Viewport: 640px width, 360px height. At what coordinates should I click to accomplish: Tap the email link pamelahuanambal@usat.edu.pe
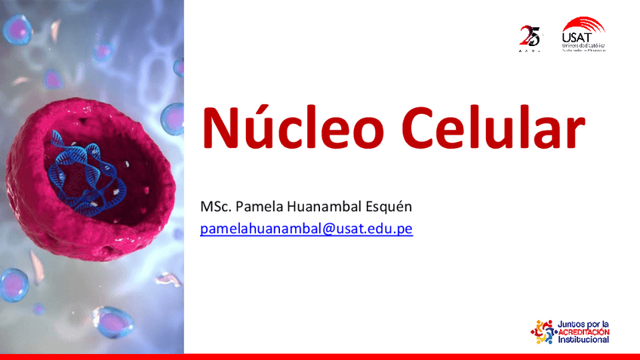point(306,228)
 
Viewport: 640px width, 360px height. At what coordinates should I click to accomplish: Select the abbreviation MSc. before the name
point(216,206)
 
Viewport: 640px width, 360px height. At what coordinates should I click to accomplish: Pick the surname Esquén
point(391,206)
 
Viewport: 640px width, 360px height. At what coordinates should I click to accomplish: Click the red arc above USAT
point(586,23)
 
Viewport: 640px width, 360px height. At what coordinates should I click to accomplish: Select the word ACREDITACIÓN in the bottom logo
point(583,331)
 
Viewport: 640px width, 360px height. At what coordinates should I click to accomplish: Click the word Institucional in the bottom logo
point(583,340)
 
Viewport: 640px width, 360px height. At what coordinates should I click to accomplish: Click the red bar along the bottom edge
point(320,356)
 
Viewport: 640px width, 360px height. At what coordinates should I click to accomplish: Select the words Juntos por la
point(582,323)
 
